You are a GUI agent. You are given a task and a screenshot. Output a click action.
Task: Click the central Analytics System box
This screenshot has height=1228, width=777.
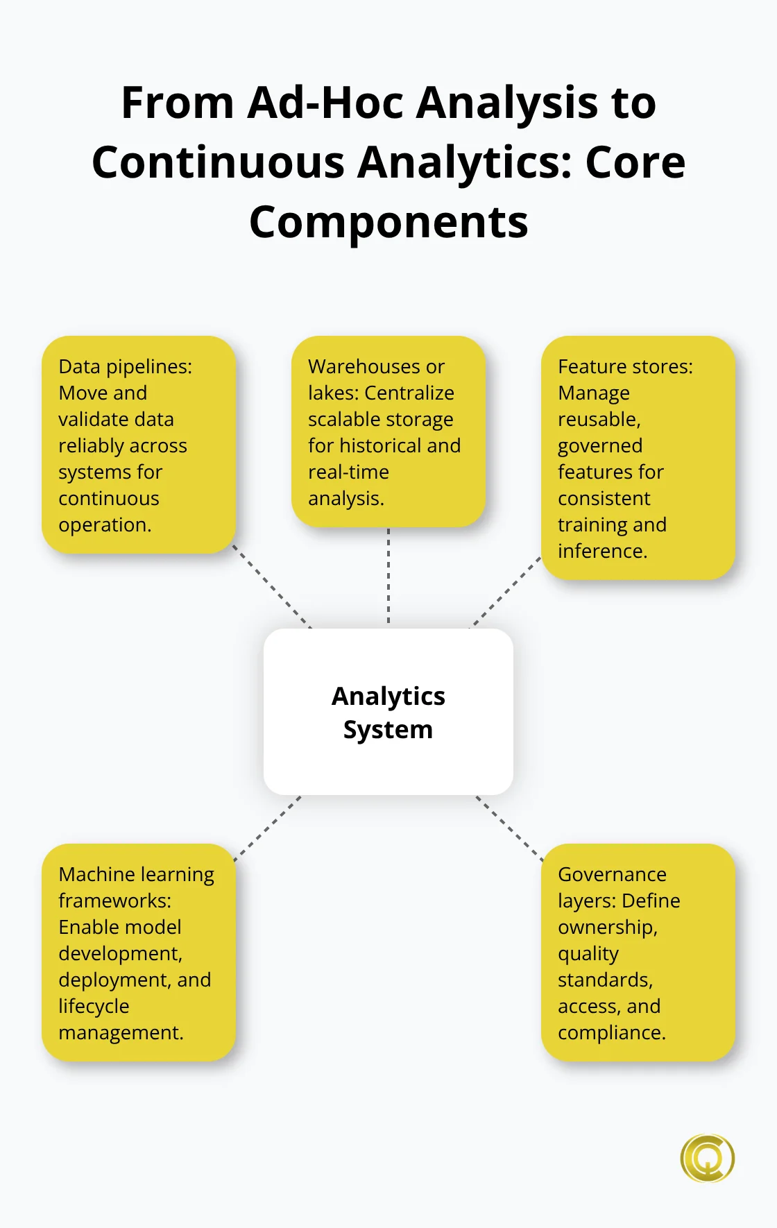[x=388, y=711]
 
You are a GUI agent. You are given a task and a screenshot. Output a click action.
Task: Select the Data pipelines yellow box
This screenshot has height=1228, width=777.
[x=139, y=445]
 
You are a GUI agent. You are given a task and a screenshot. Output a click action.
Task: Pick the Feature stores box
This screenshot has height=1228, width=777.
[x=638, y=458]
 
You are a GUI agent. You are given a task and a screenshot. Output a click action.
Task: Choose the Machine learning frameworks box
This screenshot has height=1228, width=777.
[x=139, y=952]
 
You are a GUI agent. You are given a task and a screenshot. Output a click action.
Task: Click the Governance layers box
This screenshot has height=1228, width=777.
[x=638, y=952]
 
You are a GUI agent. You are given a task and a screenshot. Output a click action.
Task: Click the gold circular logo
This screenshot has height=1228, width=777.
[x=707, y=1158]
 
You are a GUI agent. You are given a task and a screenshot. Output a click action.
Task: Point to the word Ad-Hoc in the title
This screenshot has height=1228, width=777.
[x=325, y=103]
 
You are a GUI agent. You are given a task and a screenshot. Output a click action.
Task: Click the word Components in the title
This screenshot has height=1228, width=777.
[x=388, y=222]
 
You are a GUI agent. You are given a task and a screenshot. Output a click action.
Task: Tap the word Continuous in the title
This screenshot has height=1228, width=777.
[x=219, y=162]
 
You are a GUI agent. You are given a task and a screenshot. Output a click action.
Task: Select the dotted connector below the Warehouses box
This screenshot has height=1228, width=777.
[x=388, y=576]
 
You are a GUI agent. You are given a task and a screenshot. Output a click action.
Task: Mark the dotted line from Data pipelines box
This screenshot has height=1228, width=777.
[x=272, y=587]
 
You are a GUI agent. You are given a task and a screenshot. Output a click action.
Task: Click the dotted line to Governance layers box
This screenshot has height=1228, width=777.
[x=510, y=828]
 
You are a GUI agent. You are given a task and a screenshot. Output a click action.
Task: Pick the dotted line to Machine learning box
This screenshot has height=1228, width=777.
[x=268, y=828]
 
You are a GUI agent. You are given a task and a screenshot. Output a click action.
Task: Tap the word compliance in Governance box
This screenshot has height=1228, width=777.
[x=610, y=1032]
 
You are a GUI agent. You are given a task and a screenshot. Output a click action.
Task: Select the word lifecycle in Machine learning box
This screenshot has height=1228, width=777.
[x=94, y=1006]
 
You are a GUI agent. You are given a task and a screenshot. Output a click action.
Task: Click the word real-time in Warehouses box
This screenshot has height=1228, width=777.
[x=348, y=472]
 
